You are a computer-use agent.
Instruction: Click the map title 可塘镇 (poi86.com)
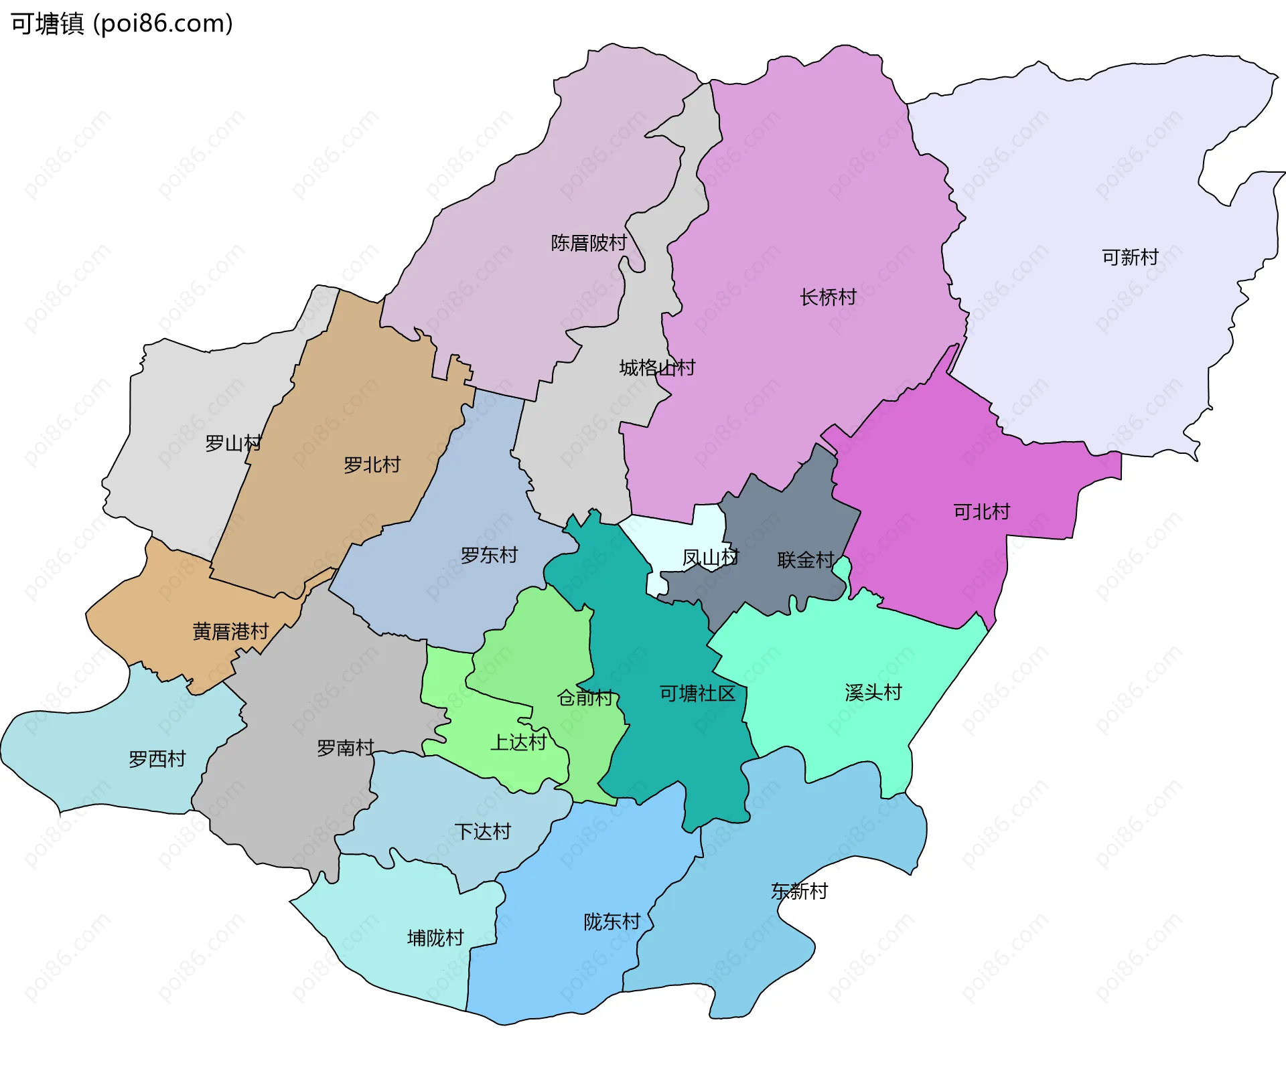coord(122,24)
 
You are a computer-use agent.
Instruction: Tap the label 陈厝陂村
coord(588,242)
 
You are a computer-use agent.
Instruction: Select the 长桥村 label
coord(828,297)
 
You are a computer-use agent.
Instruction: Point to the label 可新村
coord(1130,257)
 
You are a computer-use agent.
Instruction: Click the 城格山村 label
coord(657,367)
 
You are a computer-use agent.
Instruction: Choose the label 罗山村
coord(233,443)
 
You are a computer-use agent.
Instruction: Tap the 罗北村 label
coord(372,465)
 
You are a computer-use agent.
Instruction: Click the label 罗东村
coord(489,555)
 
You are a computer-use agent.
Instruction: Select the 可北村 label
coord(981,512)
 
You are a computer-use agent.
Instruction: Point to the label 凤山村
coord(710,558)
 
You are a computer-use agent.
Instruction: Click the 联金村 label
coord(805,560)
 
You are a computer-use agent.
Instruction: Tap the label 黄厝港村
coord(230,631)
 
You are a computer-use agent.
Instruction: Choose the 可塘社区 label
coord(697,693)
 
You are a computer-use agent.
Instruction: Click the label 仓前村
coord(585,698)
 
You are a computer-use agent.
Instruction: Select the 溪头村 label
coord(873,692)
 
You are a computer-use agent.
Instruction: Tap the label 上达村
coord(518,742)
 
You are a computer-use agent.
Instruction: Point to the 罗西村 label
coord(157,759)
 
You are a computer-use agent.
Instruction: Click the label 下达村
coord(482,831)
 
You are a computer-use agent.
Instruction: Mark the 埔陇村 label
coord(435,938)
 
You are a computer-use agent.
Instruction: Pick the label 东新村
coord(799,891)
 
